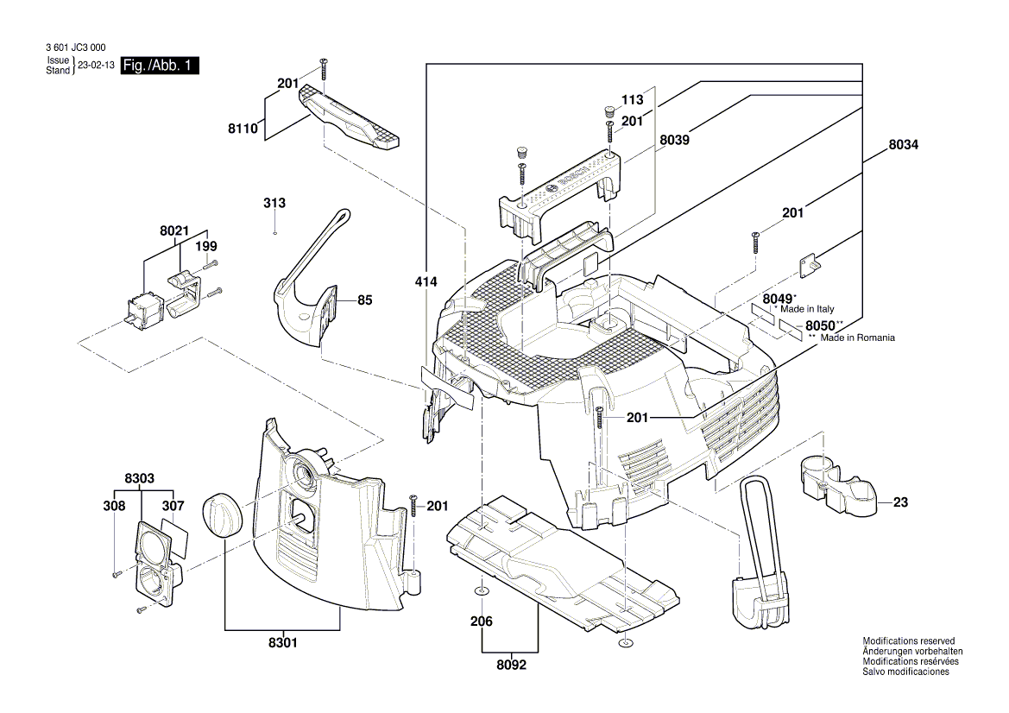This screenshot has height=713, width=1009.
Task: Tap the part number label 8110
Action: tap(243, 128)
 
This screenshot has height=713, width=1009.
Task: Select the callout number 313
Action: tap(274, 203)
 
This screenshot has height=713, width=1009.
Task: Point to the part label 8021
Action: tap(173, 231)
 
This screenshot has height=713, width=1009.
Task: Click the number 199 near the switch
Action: tap(205, 247)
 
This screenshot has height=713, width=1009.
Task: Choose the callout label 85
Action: tap(364, 301)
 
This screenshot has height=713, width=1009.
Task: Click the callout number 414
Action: tap(426, 282)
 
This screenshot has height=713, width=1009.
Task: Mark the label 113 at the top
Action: tap(634, 99)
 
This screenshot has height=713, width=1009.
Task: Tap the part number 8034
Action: tap(903, 146)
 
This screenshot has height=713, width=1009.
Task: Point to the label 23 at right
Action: tap(900, 502)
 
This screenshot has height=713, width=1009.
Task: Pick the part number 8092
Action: tap(511, 666)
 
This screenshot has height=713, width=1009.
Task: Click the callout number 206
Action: tap(481, 622)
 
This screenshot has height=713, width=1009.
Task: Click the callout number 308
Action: tap(115, 506)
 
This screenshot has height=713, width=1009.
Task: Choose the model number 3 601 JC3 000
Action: tap(74, 48)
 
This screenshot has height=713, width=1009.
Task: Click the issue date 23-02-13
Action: tap(96, 66)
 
